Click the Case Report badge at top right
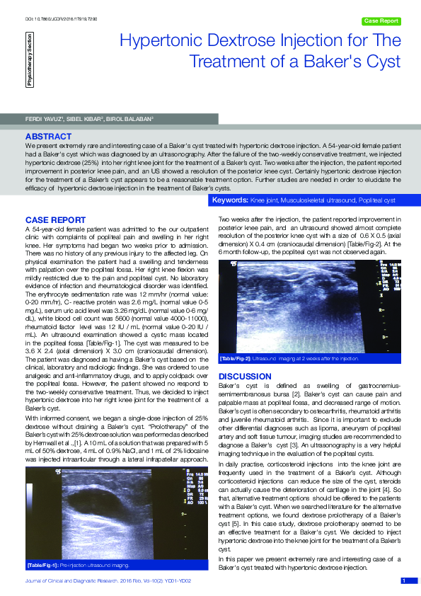pyautogui.click(x=381, y=21)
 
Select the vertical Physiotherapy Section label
pyautogui.click(x=29, y=64)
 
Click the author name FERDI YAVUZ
pyautogui.click(x=42, y=118)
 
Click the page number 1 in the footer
pyautogui.click(x=403, y=581)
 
